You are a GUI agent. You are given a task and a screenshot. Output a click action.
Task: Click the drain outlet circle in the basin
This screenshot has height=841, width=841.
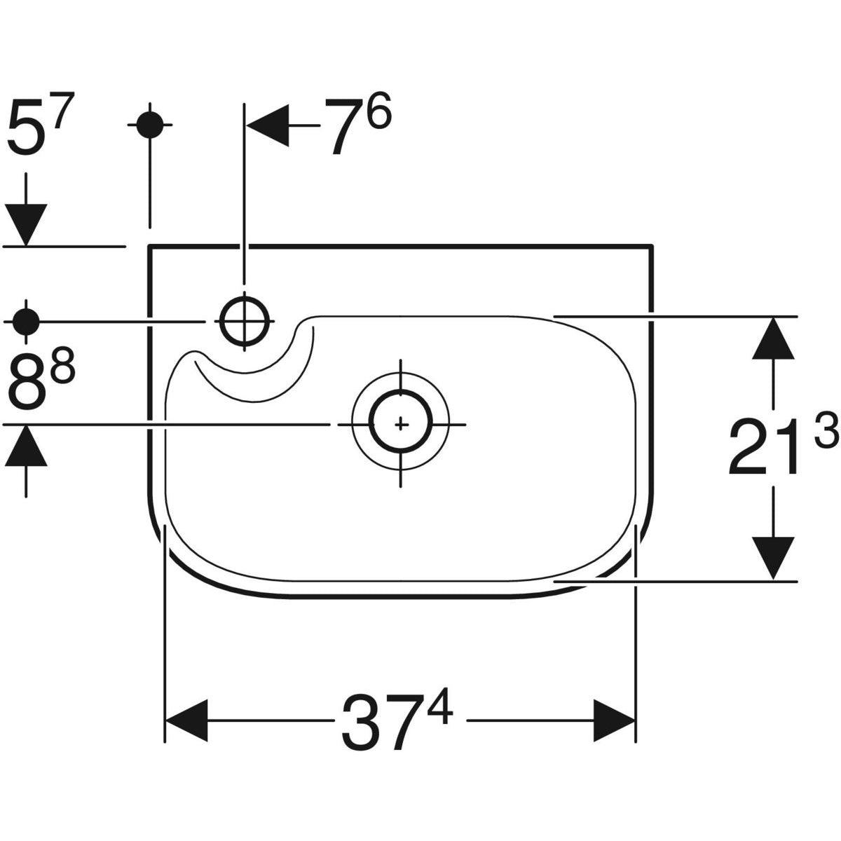[400, 424]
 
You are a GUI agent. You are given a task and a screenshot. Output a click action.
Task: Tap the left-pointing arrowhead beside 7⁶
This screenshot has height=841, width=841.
[268, 126]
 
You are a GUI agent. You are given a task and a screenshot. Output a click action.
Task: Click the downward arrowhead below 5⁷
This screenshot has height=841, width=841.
[26, 224]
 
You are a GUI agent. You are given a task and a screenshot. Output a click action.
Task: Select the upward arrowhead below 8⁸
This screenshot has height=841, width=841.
[26, 446]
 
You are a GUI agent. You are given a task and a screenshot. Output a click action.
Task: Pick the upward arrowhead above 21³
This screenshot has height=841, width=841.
[773, 339]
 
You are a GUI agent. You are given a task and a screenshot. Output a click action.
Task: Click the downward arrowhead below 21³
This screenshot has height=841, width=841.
[773, 558]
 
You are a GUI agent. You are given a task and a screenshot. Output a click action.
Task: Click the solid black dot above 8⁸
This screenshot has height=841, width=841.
[26, 322]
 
